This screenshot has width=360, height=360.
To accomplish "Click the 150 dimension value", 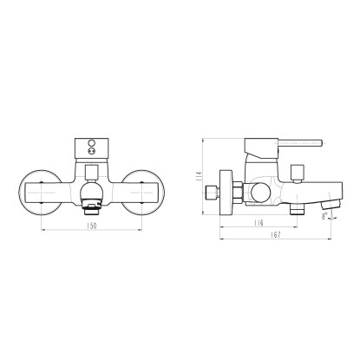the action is coord(91,226).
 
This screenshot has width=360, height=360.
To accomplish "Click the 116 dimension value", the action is coord(259,223).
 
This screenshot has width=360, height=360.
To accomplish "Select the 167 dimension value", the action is coord(276,235).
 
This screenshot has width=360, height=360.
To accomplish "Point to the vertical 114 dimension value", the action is coord(199,176).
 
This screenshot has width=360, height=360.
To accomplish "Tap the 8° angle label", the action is coord(324,216).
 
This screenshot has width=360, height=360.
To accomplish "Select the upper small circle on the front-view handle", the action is coord(92,143).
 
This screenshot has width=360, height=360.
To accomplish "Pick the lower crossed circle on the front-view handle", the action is coord(92,151).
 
